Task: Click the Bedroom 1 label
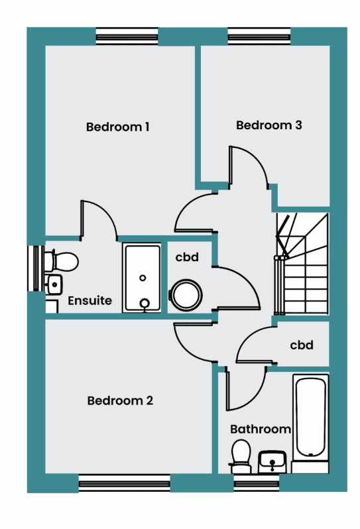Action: coord(117,127)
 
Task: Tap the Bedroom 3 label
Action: coord(269,125)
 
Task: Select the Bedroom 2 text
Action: coord(120,400)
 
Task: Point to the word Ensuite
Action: coord(90,300)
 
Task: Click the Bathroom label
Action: coord(261,429)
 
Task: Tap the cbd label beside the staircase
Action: coord(302,345)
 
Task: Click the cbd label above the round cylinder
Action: coord(187,257)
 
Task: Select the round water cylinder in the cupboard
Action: coord(186,295)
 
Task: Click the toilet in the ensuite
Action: coord(62,261)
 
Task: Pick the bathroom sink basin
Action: coord(272,462)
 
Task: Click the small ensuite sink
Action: coord(54,285)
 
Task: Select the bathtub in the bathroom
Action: coord(310,418)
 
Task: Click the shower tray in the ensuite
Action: coord(143,278)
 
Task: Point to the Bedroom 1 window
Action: coord(127,36)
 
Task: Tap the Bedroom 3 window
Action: coord(259,36)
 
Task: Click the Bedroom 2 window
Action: coord(125,483)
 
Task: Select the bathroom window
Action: coord(257,483)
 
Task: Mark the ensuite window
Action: coord(36,268)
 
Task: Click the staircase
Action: coord(302,263)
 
